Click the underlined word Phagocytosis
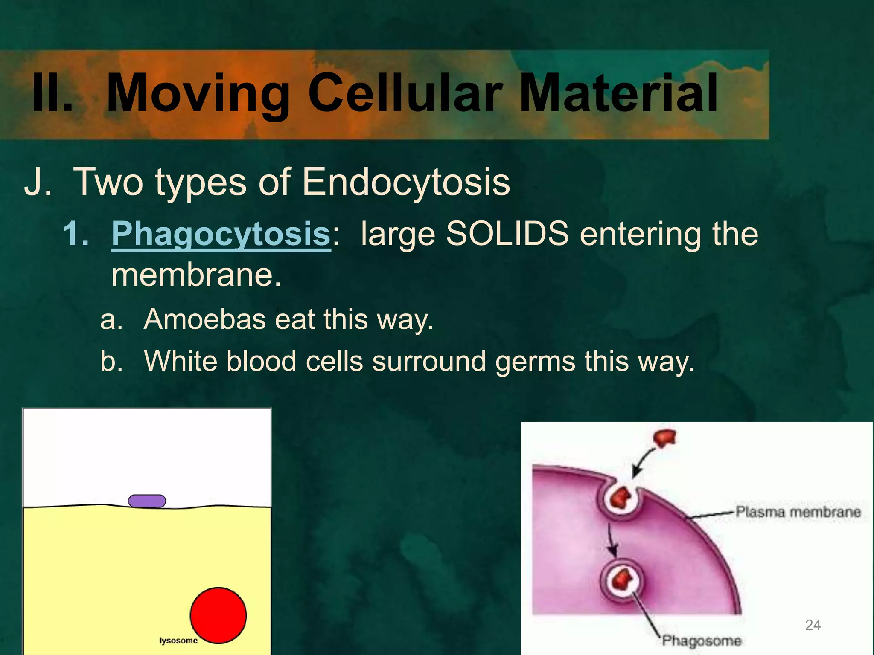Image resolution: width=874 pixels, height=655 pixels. pos(221,234)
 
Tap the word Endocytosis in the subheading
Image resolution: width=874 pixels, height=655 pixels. pos(406,183)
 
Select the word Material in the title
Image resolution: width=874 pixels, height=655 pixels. pos(619,93)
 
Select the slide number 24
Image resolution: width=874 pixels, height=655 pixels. pos(813,625)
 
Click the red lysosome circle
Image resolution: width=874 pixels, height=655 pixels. pos(218,615)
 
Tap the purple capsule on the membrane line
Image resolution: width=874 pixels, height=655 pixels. pos(147,501)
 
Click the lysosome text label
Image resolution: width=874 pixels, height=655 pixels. pos(178,641)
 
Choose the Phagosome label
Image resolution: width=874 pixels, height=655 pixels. pos(702,641)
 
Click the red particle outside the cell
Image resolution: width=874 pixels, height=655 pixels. pos(665,438)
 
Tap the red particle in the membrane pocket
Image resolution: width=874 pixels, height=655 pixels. pos(621,497)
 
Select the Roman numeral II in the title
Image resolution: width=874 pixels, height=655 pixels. pos(52,93)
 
